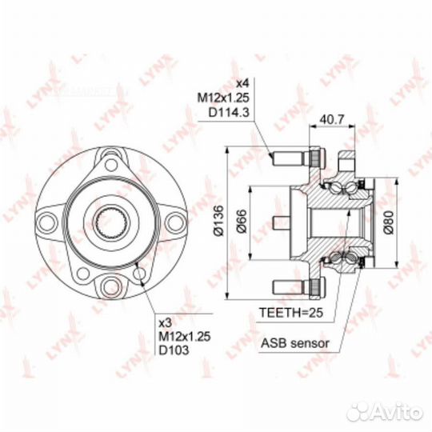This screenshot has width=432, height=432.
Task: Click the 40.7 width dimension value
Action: (x=332, y=119)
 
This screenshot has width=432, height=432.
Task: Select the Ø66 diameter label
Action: (x=242, y=222)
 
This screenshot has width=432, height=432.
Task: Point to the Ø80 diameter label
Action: (x=389, y=222)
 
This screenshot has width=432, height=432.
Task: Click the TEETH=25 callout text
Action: (x=291, y=313)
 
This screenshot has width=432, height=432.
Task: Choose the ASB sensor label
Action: (x=295, y=343)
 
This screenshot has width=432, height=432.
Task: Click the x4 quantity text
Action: (x=243, y=82)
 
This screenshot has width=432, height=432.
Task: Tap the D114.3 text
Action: (x=229, y=113)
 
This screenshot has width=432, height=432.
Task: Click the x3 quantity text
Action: (x=166, y=322)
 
